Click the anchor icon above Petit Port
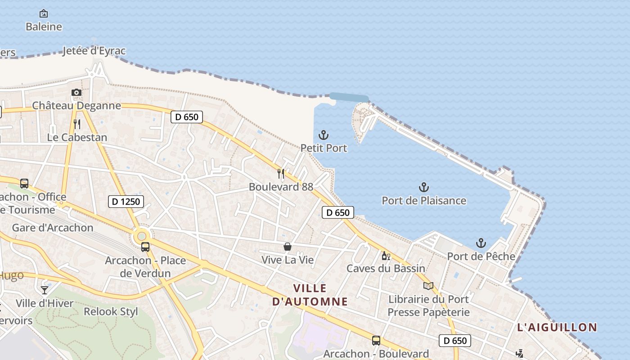click(x=324, y=135)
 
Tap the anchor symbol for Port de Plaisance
click(x=423, y=187)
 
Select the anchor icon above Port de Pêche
click(x=481, y=243)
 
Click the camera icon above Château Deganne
click(x=76, y=93)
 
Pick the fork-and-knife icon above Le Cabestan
click(x=77, y=124)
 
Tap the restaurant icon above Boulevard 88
click(x=281, y=173)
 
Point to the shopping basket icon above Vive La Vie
click(x=287, y=247)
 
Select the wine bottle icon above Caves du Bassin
click(x=386, y=256)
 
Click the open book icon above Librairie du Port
click(x=428, y=286)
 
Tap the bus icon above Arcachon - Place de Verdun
click(x=145, y=247)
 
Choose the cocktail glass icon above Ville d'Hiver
click(x=45, y=290)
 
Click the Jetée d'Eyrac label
click(x=94, y=51)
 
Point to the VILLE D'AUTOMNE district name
click(x=310, y=295)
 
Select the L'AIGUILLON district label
click(x=557, y=327)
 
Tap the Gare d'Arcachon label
click(x=53, y=227)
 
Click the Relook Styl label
click(x=111, y=311)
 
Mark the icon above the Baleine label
click(x=44, y=13)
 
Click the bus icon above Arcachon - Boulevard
click(x=376, y=341)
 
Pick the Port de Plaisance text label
click(x=424, y=200)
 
